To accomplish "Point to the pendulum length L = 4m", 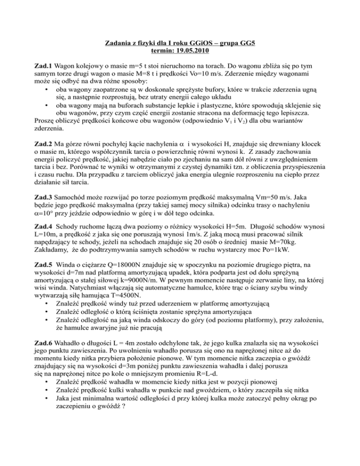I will point(130,363).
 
